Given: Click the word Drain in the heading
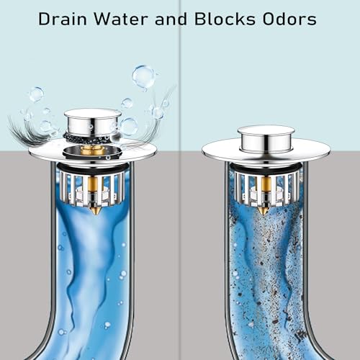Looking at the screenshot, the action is [63, 19].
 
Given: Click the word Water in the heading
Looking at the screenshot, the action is [121, 19].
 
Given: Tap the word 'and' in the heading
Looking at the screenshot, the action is [171, 19].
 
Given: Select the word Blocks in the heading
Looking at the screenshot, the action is [225, 19].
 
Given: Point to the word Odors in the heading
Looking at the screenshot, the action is [289, 19].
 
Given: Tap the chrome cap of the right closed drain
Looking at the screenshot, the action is [266, 139].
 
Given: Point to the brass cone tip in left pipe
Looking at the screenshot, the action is [96, 210].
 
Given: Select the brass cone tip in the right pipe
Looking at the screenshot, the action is [262, 210].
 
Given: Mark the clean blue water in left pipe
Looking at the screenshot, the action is [91, 276].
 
